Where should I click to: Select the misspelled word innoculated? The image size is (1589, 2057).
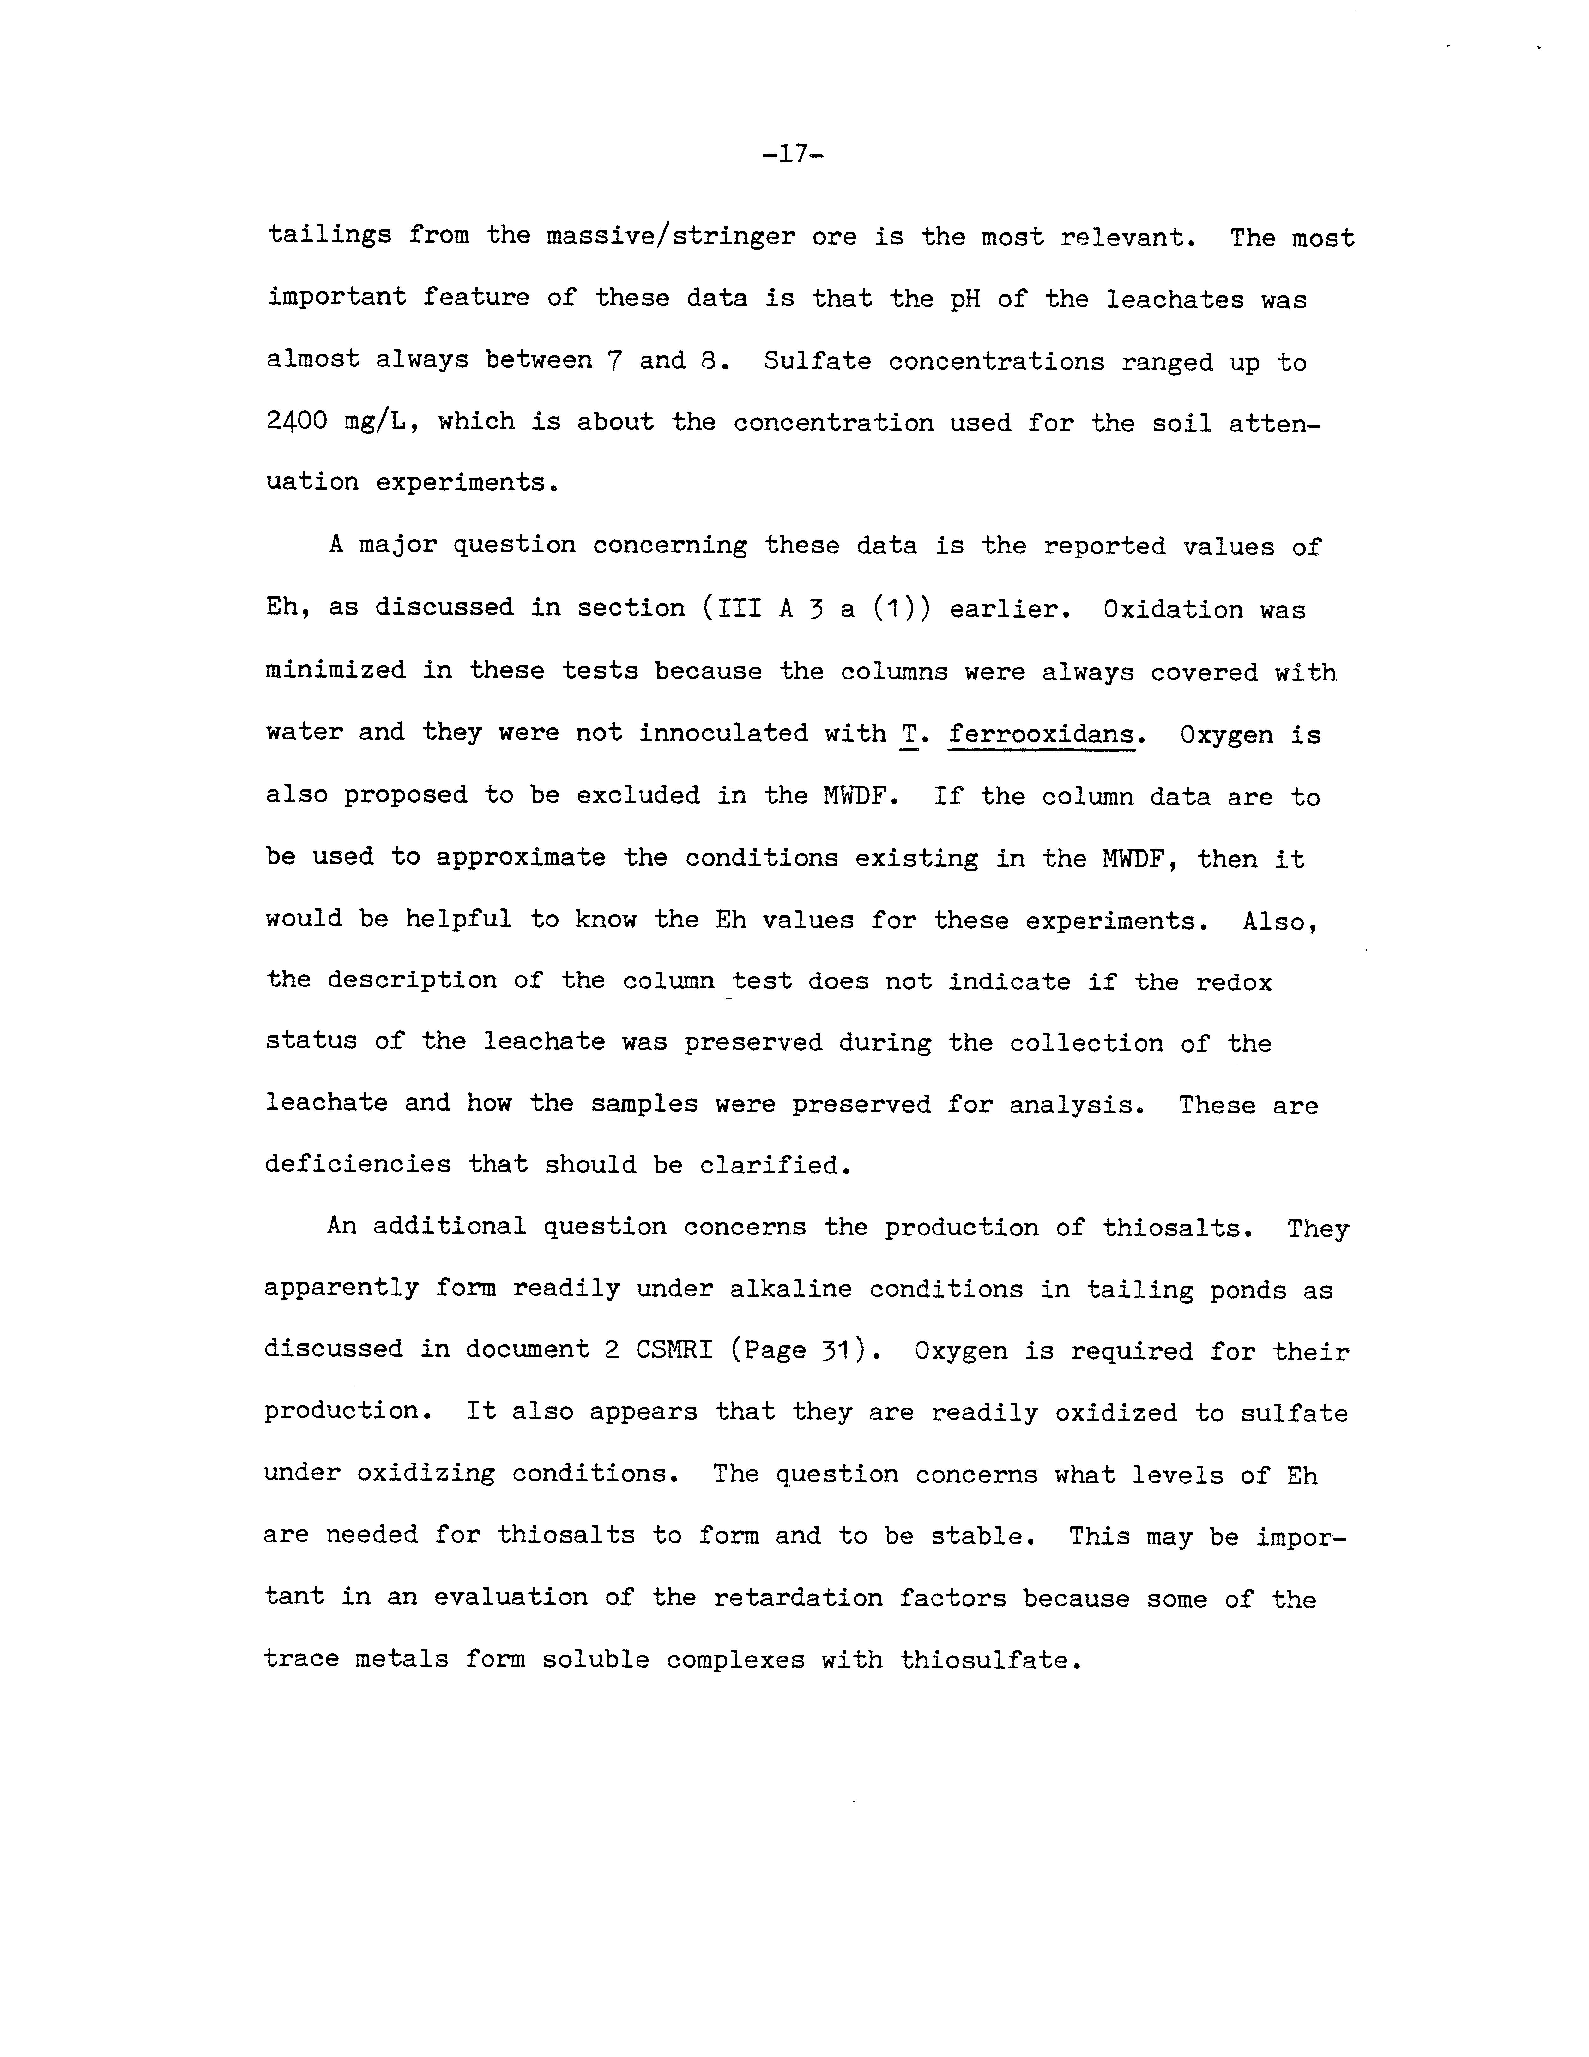point(723,733)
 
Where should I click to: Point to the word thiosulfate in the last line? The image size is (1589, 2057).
point(985,1660)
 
